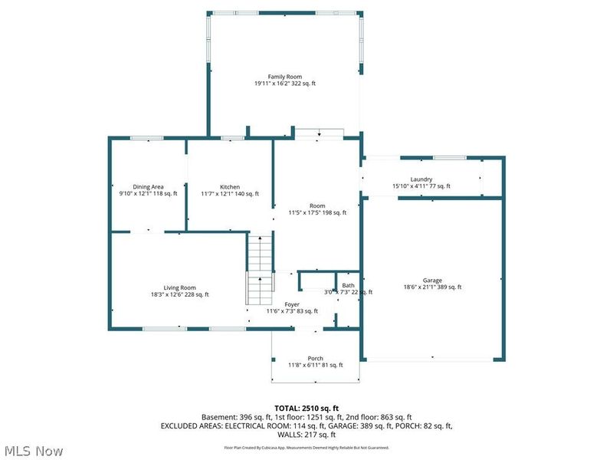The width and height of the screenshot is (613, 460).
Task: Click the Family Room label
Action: (284, 77)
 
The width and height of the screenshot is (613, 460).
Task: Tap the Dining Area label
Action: (148, 187)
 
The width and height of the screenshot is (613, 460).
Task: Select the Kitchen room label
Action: (230, 187)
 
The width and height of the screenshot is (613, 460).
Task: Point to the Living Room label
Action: (179, 287)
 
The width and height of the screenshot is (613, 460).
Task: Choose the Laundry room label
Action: (421, 179)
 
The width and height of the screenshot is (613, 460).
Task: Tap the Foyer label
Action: (292, 304)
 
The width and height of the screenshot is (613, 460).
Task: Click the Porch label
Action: (315, 359)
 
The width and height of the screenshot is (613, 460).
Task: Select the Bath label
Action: (349, 285)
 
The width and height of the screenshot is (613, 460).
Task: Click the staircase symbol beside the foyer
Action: (261, 268)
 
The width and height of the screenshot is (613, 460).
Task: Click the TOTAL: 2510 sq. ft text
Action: (306, 407)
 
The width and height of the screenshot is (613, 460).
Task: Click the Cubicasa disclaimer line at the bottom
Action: (306, 447)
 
